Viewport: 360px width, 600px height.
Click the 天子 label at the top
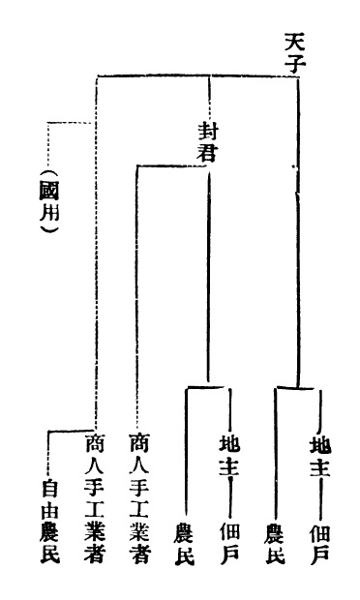click(x=295, y=52)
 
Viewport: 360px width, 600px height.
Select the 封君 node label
click(x=208, y=141)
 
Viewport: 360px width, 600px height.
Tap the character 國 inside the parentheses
click(x=49, y=191)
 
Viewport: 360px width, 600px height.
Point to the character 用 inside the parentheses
click(x=50, y=212)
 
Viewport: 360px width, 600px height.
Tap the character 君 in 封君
click(x=208, y=152)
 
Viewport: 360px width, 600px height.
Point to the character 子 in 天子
click(x=296, y=63)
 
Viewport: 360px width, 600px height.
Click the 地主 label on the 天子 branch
click(x=319, y=454)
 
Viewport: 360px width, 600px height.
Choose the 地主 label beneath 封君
click(x=229, y=454)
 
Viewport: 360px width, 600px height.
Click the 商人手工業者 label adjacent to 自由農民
click(x=95, y=497)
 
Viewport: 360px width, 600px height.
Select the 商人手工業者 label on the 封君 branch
click(x=139, y=497)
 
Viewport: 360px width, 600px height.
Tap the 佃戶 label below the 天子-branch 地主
click(x=319, y=543)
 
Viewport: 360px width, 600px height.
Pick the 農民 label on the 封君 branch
click(x=185, y=544)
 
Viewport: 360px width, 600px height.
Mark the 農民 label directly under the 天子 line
click(x=275, y=544)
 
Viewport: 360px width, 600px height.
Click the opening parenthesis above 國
click(x=49, y=174)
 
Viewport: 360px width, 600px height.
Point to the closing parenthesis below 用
click(x=50, y=228)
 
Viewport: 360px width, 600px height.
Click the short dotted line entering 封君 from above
click(x=209, y=98)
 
